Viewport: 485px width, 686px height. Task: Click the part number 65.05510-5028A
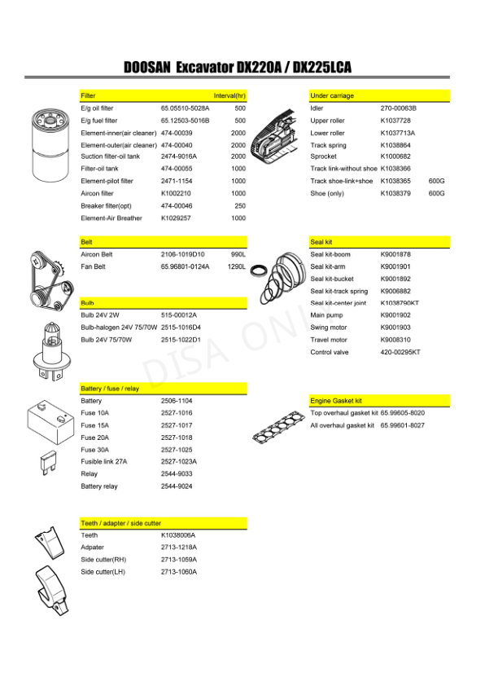185,108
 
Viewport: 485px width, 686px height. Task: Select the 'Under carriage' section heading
332,96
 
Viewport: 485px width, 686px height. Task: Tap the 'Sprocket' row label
324,156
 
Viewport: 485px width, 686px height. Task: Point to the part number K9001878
395,254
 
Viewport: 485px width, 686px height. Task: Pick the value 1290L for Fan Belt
236,266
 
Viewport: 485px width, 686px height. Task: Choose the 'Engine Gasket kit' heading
336,401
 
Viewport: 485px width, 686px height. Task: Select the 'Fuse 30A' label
94,450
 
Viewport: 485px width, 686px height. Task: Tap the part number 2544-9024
177,486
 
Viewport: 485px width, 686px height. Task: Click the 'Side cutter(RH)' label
103,560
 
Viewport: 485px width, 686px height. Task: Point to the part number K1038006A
178,535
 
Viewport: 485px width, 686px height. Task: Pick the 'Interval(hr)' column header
229,96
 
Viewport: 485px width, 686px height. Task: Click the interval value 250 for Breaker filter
239,206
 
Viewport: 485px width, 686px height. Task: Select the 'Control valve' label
330,352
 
